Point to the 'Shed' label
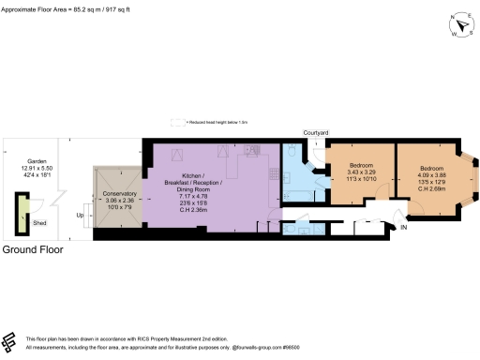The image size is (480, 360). [39, 224]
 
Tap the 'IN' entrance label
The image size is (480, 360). [404, 228]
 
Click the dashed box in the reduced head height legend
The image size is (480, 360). [175, 122]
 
